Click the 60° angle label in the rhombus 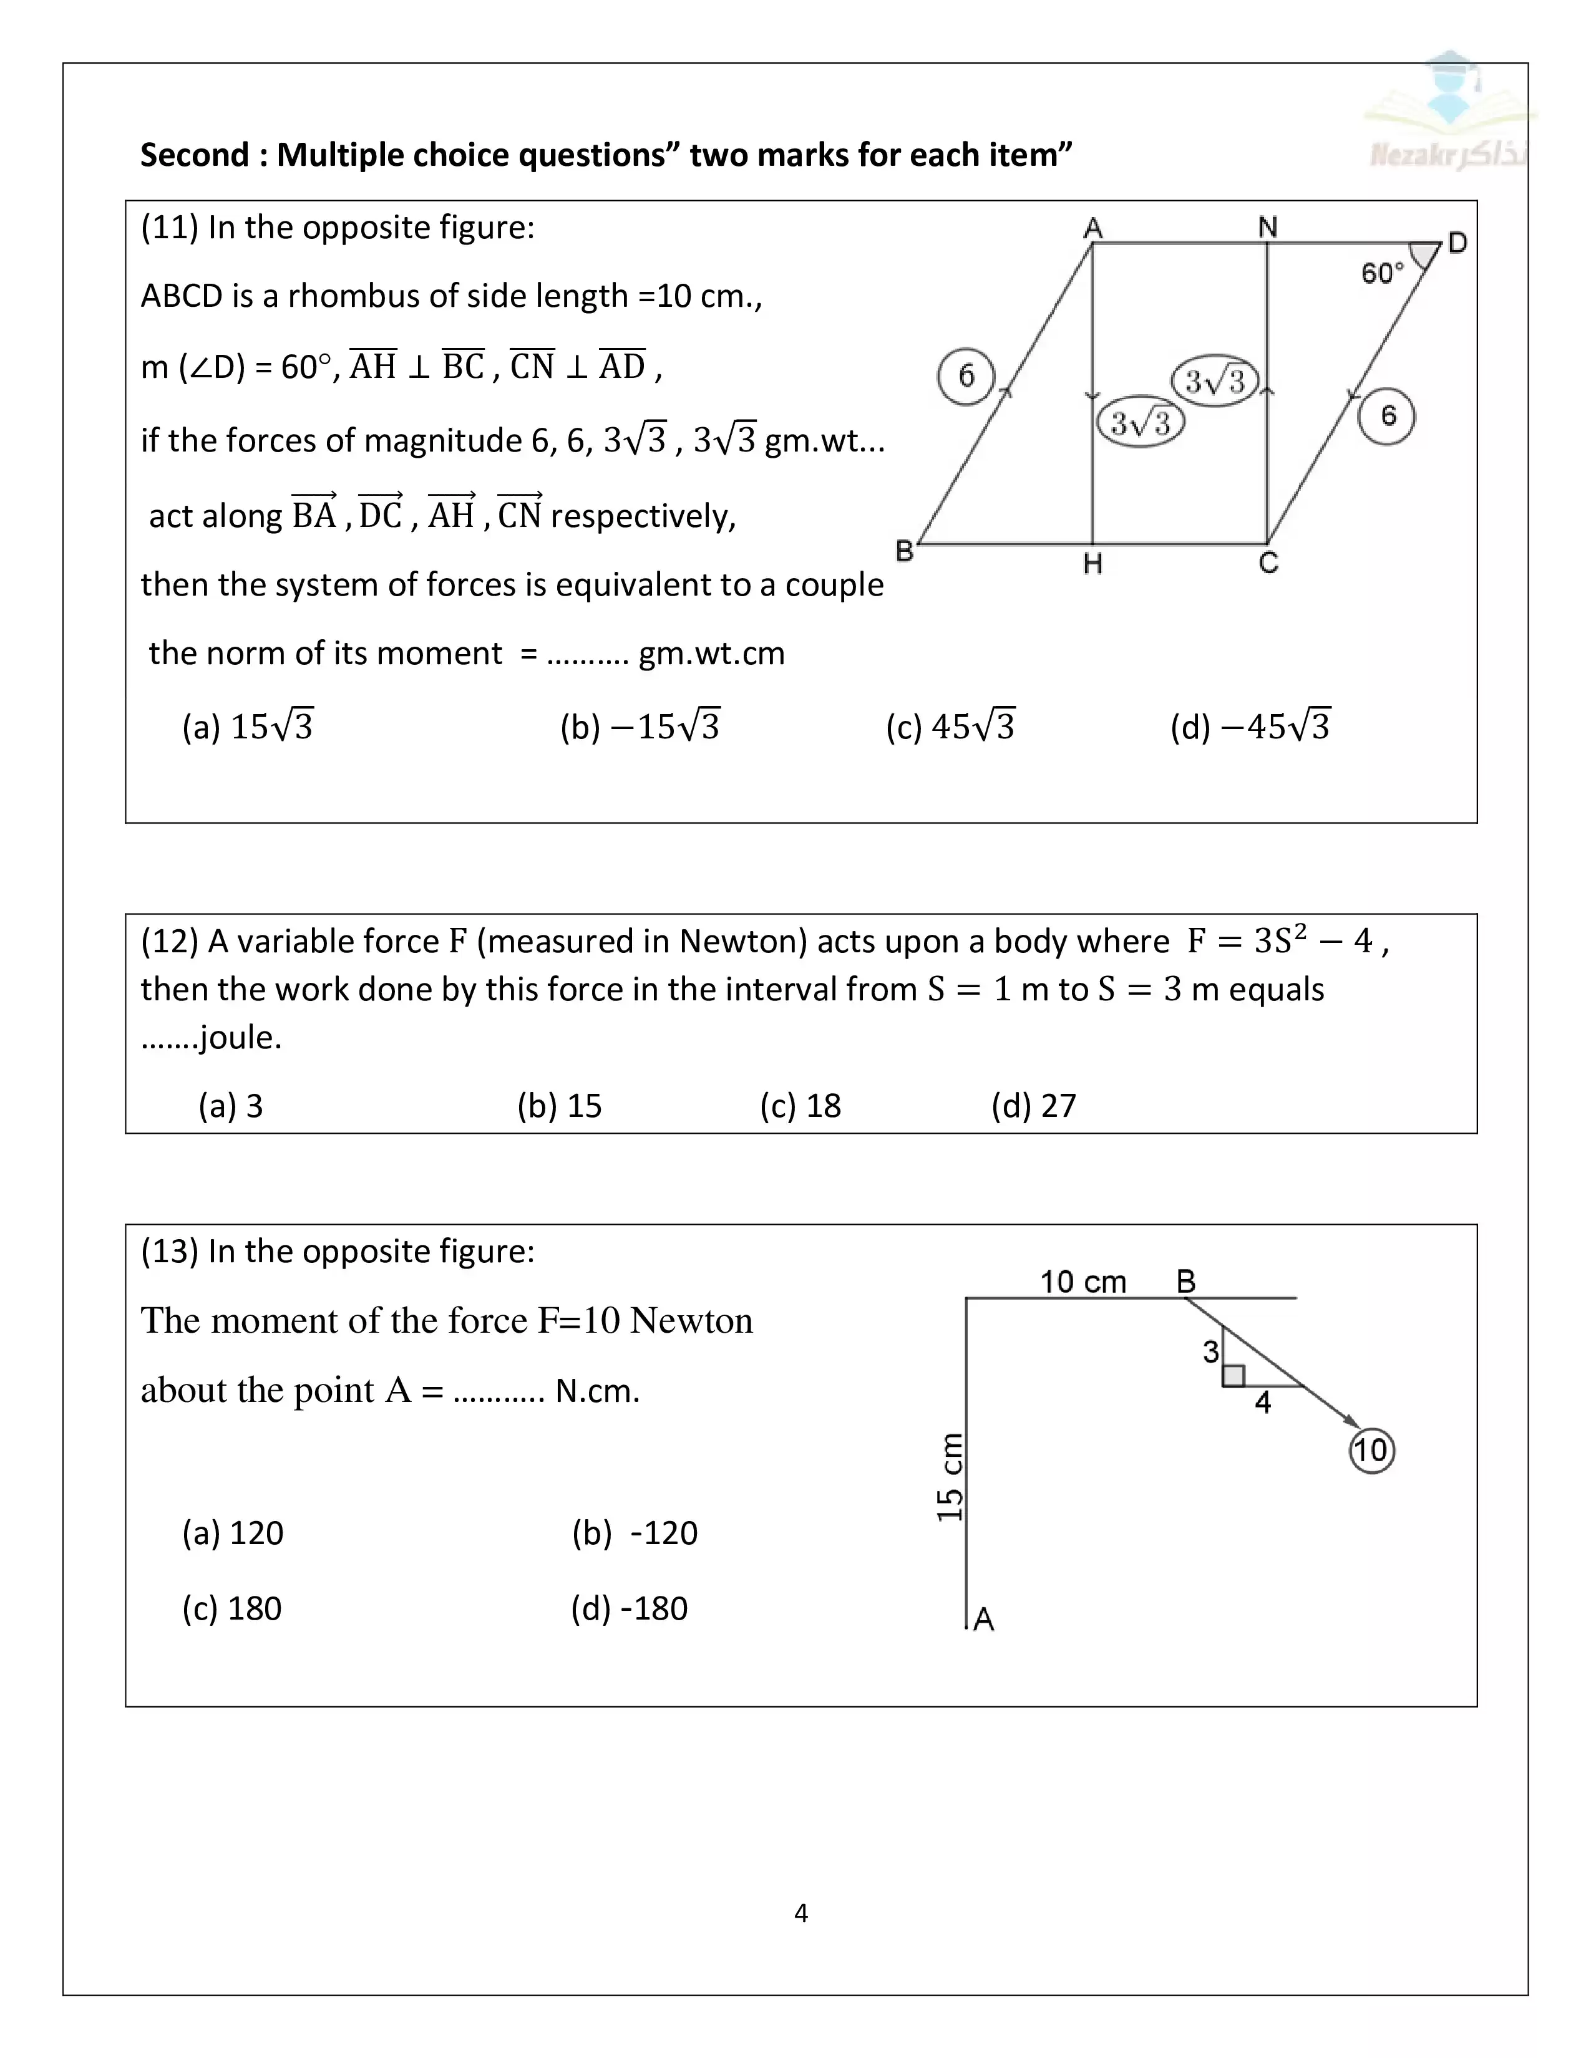click(x=1382, y=273)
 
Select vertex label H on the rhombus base click(x=1092, y=564)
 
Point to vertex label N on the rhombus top click(x=1268, y=227)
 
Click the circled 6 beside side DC click(x=1386, y=415)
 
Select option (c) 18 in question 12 click(x=800, y=1105)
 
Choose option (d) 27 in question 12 click(x=1033, y=1105)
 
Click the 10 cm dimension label click(x=1083, y=1282)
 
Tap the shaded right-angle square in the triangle click(x=1233, y=1376)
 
